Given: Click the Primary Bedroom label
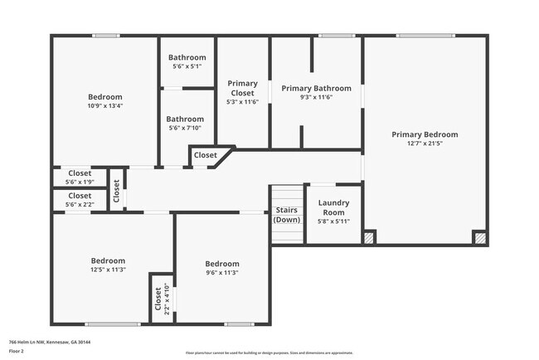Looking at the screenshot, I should [425, 134].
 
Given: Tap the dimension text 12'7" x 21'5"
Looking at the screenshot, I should [425, 144].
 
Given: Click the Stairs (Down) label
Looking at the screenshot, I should [287, 215].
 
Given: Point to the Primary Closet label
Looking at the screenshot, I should [242, 88].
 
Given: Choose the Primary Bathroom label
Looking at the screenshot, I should [316, 88].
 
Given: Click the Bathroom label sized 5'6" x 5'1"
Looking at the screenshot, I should [187, 57].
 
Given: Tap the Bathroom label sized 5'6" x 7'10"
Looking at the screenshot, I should [187, 119].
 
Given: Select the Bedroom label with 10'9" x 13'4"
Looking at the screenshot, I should [105, 97].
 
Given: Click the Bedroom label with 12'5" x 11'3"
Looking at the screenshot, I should [108, 260].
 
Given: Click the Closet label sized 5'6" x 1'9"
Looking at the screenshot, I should [80, 173].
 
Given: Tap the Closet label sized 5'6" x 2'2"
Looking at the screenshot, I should [80, 196].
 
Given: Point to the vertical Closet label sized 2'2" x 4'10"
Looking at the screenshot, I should [159, 298].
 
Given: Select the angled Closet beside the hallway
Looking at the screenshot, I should [206, 155].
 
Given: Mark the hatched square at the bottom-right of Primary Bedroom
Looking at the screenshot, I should [480, 237].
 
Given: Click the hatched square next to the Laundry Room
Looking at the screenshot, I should [370, 237].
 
